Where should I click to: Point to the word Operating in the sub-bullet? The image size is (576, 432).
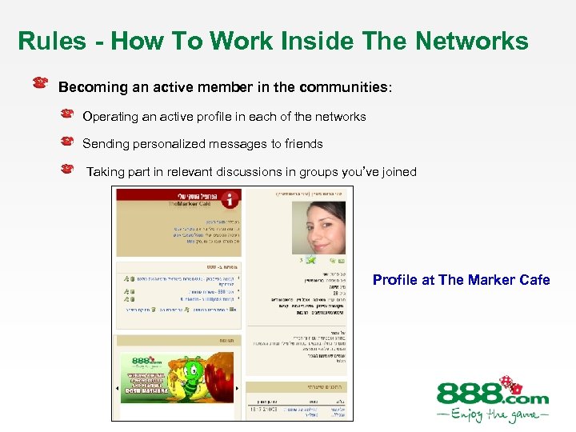pyautogui.click(x=110, y=117)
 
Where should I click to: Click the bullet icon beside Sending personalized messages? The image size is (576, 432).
pyautogui.click(x=68, y=142)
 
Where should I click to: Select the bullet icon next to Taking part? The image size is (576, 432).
pyautogui.click(x=68, y=169)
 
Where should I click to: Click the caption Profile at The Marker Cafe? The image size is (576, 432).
pyautogui.click(x=461, y=280)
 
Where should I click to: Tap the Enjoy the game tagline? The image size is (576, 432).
pyautogui.click(x=492, y=415)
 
